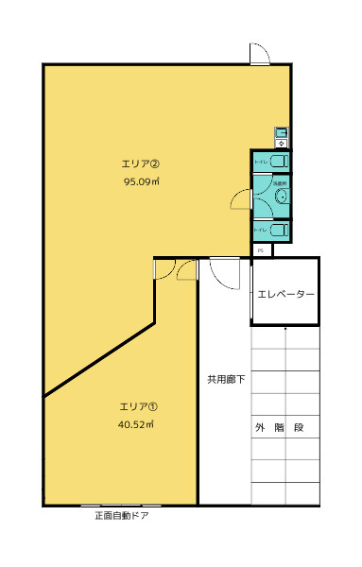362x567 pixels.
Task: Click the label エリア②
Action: click(145, 162)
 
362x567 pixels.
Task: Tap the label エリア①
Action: click(138, 406)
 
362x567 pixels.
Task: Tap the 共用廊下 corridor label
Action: click(227, 380)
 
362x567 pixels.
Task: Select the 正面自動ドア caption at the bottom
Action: click(122, 517)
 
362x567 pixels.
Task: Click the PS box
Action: click(262, 249)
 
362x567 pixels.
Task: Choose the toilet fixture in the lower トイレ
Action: click(278, 230)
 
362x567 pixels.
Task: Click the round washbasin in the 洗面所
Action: click(282, 197)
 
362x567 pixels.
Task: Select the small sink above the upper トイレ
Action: click(281, 133)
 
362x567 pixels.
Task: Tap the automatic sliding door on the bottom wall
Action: click(121, 506)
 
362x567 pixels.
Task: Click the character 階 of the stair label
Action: click(278, 428)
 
